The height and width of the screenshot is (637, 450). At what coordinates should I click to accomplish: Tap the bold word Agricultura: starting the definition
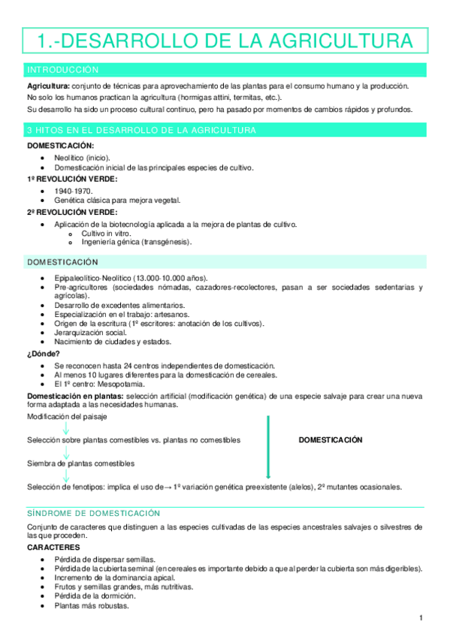click(x=49, y=86)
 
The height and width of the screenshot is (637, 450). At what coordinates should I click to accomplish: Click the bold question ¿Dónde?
click(x=44, y=353)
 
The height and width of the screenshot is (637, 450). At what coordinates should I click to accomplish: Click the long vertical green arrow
click(x=268, y=446)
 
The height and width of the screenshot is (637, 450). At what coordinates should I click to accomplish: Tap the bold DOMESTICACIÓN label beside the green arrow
click(x=331, y=440)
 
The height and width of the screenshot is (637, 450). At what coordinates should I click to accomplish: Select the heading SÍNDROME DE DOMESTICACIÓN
click(x=93, y=513)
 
